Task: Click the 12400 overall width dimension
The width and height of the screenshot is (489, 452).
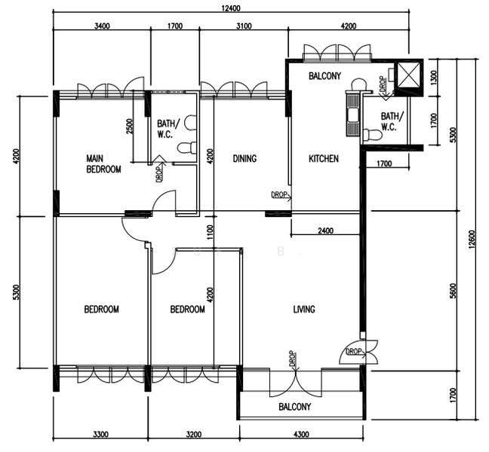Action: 231,8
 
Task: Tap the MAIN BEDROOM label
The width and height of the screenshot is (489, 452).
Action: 103,164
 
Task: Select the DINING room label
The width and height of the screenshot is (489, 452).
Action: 244,159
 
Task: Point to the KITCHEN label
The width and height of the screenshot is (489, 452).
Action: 324,159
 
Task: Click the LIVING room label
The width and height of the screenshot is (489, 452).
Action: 304,310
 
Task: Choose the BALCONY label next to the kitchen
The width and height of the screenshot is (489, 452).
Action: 325,76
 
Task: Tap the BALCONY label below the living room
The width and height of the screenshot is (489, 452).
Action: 295,407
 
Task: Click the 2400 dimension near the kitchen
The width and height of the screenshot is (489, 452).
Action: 325,231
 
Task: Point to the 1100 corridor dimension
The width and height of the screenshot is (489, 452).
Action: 211,232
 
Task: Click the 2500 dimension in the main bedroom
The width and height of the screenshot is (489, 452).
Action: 130,127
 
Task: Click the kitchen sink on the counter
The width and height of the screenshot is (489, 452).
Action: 353,115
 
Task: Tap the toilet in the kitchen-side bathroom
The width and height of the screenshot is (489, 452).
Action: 373,135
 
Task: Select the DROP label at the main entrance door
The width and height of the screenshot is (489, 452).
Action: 354,352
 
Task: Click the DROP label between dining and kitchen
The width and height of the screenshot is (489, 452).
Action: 279,194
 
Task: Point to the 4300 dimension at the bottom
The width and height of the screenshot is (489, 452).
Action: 302,434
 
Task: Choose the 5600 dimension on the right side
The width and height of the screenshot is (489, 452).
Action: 453,291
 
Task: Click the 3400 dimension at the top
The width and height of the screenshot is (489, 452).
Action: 102,26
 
